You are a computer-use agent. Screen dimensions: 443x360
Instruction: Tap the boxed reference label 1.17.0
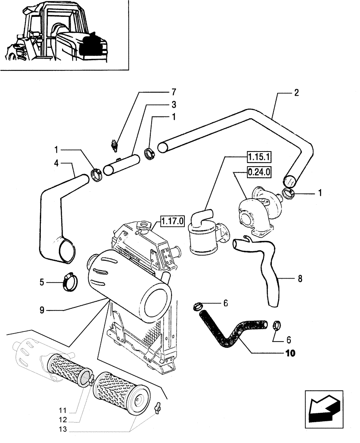[x=172, y=220]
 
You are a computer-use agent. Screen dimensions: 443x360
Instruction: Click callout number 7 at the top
[x=174, y=93]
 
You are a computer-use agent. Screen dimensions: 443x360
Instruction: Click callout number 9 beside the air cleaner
[x=42, y=311]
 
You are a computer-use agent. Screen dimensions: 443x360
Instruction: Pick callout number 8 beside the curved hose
[x=300, y=279]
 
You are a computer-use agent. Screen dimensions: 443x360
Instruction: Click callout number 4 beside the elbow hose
[x=56, y=163]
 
